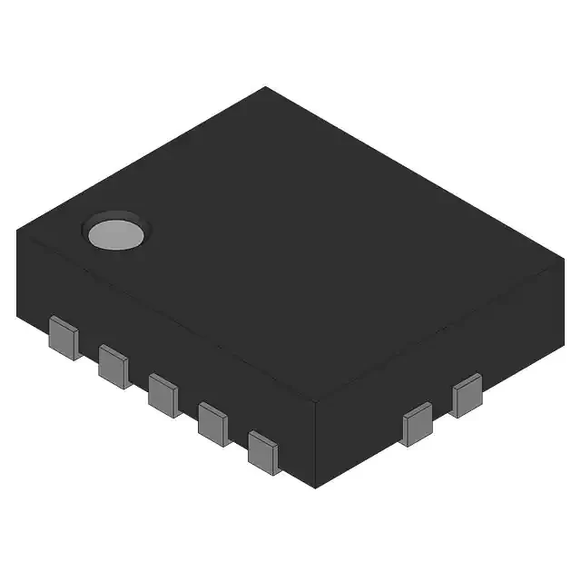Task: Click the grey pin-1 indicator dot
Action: click(x=115, y=233)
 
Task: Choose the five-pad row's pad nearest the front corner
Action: click(x=263, y=451)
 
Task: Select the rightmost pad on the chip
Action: click(x=468, y=395)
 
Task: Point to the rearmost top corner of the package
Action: click(x=265, y=87)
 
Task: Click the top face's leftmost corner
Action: click(x=17, y=231)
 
